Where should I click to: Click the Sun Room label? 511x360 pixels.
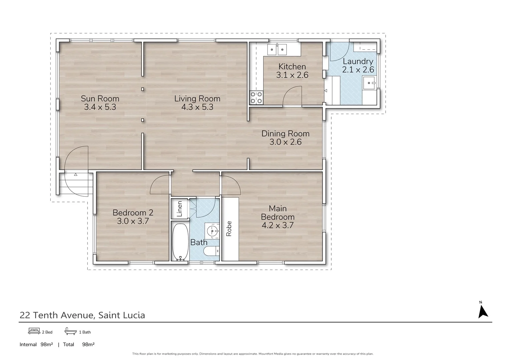[100, 99]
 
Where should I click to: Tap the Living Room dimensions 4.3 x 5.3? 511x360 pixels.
[197, 107]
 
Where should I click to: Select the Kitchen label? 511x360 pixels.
[292, 66]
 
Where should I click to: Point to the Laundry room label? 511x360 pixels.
[358, 61]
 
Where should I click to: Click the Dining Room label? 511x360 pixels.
[285, 134]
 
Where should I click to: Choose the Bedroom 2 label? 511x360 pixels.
[133, 213]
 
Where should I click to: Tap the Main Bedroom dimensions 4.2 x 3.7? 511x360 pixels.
[278, 225]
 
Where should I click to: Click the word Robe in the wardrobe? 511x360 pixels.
[229, 229]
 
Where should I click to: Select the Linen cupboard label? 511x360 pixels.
[179, 209]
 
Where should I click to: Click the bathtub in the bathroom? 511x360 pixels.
[180, 242]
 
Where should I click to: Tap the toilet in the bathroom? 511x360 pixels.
[211, 252]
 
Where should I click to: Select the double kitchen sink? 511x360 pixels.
[277, 50]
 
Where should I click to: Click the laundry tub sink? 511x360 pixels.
[369, 83]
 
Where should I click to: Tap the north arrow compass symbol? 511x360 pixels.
[483, 311]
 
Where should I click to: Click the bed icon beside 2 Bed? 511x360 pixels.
[34, 331]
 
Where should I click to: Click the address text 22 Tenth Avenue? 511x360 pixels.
[58, 315]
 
